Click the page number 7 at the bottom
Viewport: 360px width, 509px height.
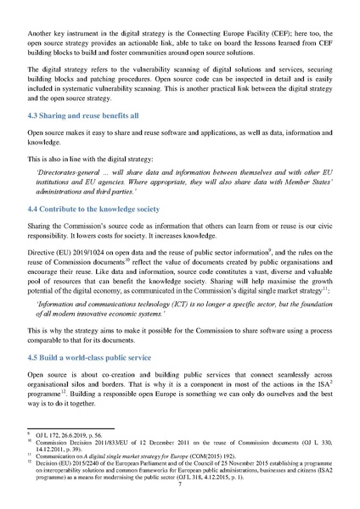click(x=179, y=489)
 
